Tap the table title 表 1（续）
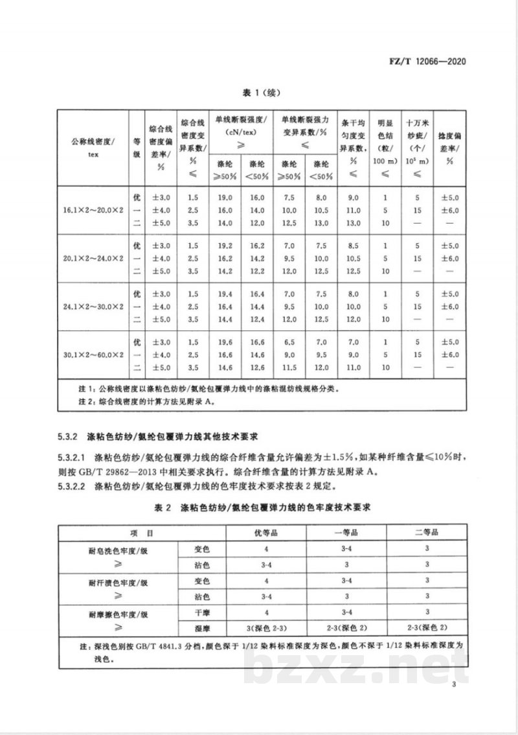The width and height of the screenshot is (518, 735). tap(259, 93)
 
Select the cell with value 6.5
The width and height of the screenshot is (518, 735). tap(289, 341)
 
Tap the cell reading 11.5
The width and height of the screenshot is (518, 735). tap(289, 367)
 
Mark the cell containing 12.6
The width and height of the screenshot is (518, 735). tap(257, 367)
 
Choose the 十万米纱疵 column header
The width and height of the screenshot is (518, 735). tap(418, 148)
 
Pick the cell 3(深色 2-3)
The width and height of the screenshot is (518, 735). tap(265, 627)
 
